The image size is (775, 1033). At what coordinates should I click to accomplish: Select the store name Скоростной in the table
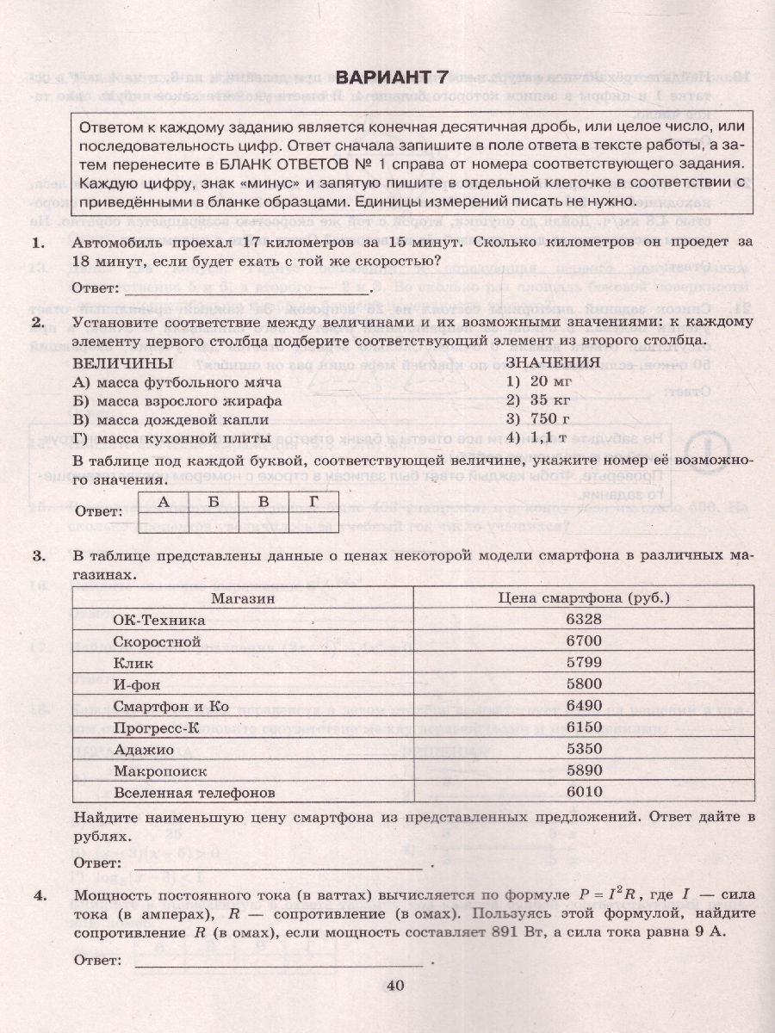click(157, 641)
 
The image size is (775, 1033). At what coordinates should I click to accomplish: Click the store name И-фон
click(137, 685)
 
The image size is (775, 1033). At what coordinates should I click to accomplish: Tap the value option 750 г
click(539, 419)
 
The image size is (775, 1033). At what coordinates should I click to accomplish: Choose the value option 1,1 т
click(539, 438)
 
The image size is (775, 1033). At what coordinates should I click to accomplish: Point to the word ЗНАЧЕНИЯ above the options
click(553, 362)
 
